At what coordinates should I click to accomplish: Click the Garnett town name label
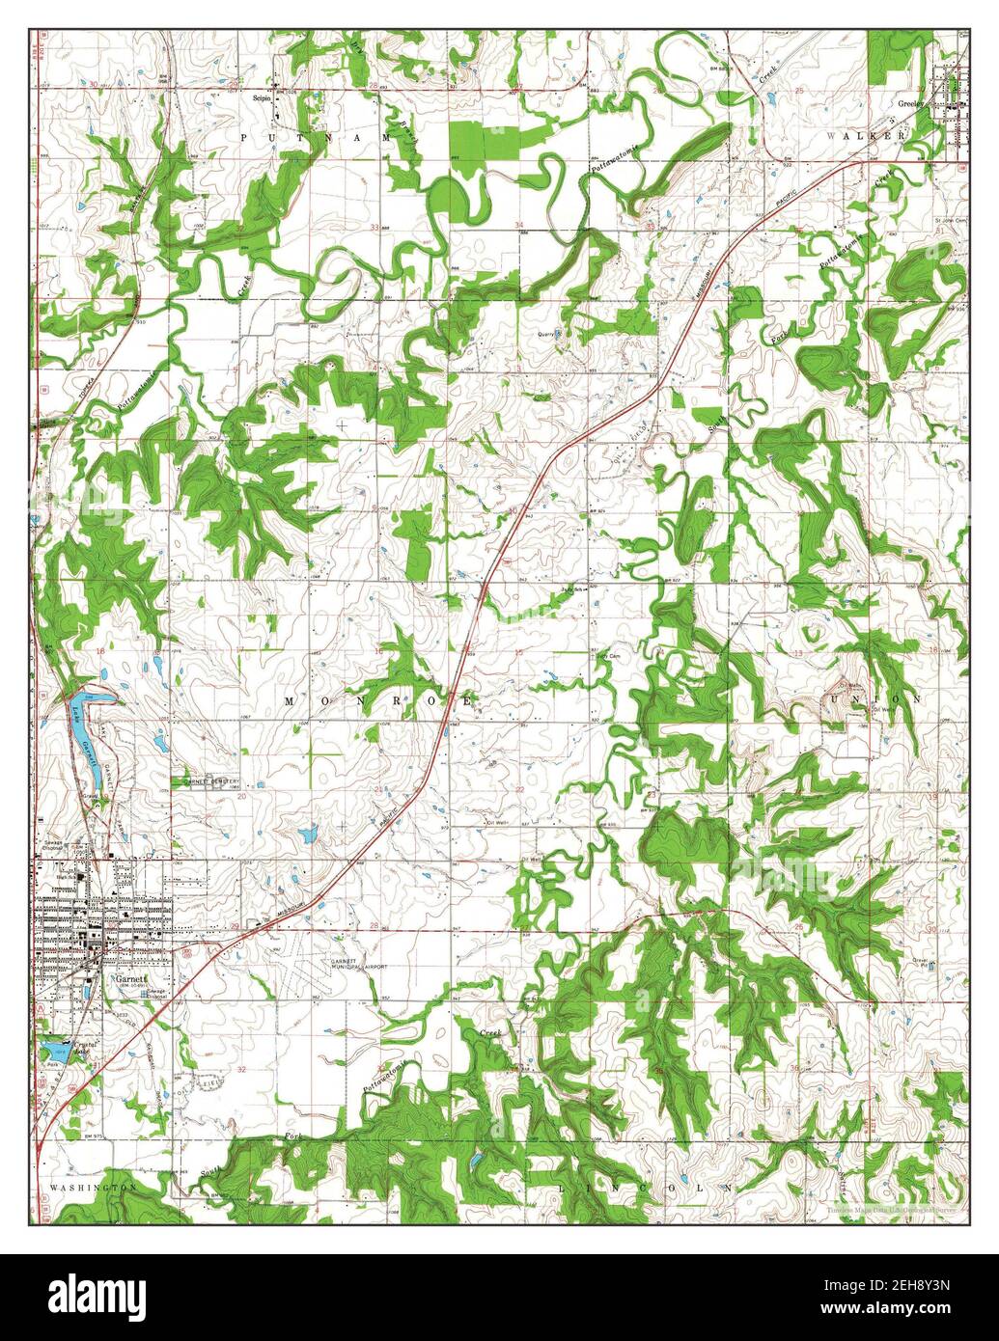click(x=126, y=977)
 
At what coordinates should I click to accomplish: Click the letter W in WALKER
click(x=831, y=137)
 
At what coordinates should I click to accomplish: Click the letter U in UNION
click(x=832, y=698)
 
